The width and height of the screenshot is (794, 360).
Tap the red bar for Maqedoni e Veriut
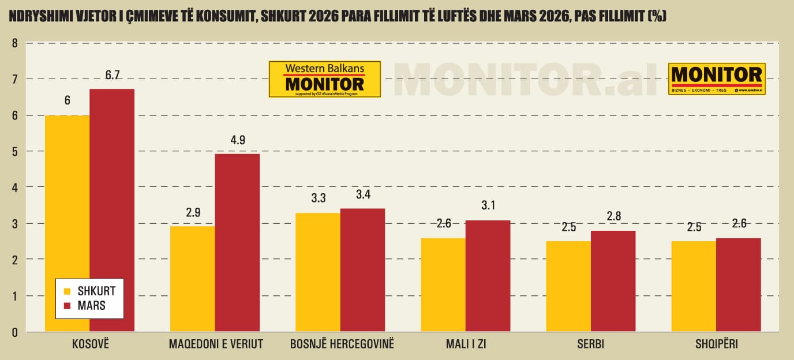tap(237, 243)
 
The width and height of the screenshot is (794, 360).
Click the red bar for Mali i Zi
tap(488, 276)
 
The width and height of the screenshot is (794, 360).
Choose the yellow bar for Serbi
tap(568, 286)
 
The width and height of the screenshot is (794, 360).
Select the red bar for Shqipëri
tap(738, 285)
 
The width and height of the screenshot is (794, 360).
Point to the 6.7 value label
tap(112, 76)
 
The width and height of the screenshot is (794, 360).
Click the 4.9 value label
tap(237, 140)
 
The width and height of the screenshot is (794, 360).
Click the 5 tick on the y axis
tap(15, 151)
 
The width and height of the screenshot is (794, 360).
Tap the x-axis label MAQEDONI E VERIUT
tap(216, 344)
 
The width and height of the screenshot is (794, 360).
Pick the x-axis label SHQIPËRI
tap(717, 344)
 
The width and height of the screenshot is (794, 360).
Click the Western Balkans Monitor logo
tap(325, 79)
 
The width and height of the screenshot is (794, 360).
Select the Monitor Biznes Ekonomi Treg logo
tap(717, 78)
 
